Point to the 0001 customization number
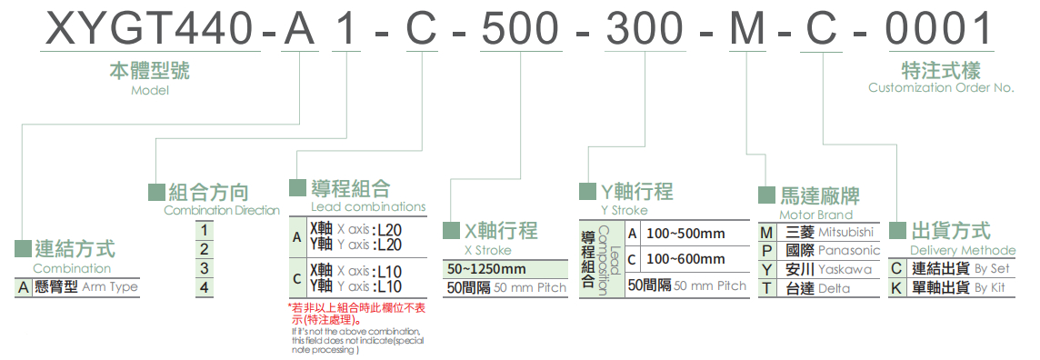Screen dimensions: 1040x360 tap(940, 31)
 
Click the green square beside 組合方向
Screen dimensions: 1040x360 tap(155, 192)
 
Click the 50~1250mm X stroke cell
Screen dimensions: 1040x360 tap(487, 269)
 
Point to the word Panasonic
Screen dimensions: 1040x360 tap(849, 250)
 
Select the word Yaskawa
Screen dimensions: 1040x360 tap(845, 269)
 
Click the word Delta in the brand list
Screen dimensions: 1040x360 tap(834, 288)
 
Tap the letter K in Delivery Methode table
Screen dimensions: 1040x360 tap(896, 288)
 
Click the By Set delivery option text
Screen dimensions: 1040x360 tap(992, 269)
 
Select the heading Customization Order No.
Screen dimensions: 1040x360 tap(940, 88)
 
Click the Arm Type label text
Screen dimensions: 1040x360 tap(110, 287)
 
